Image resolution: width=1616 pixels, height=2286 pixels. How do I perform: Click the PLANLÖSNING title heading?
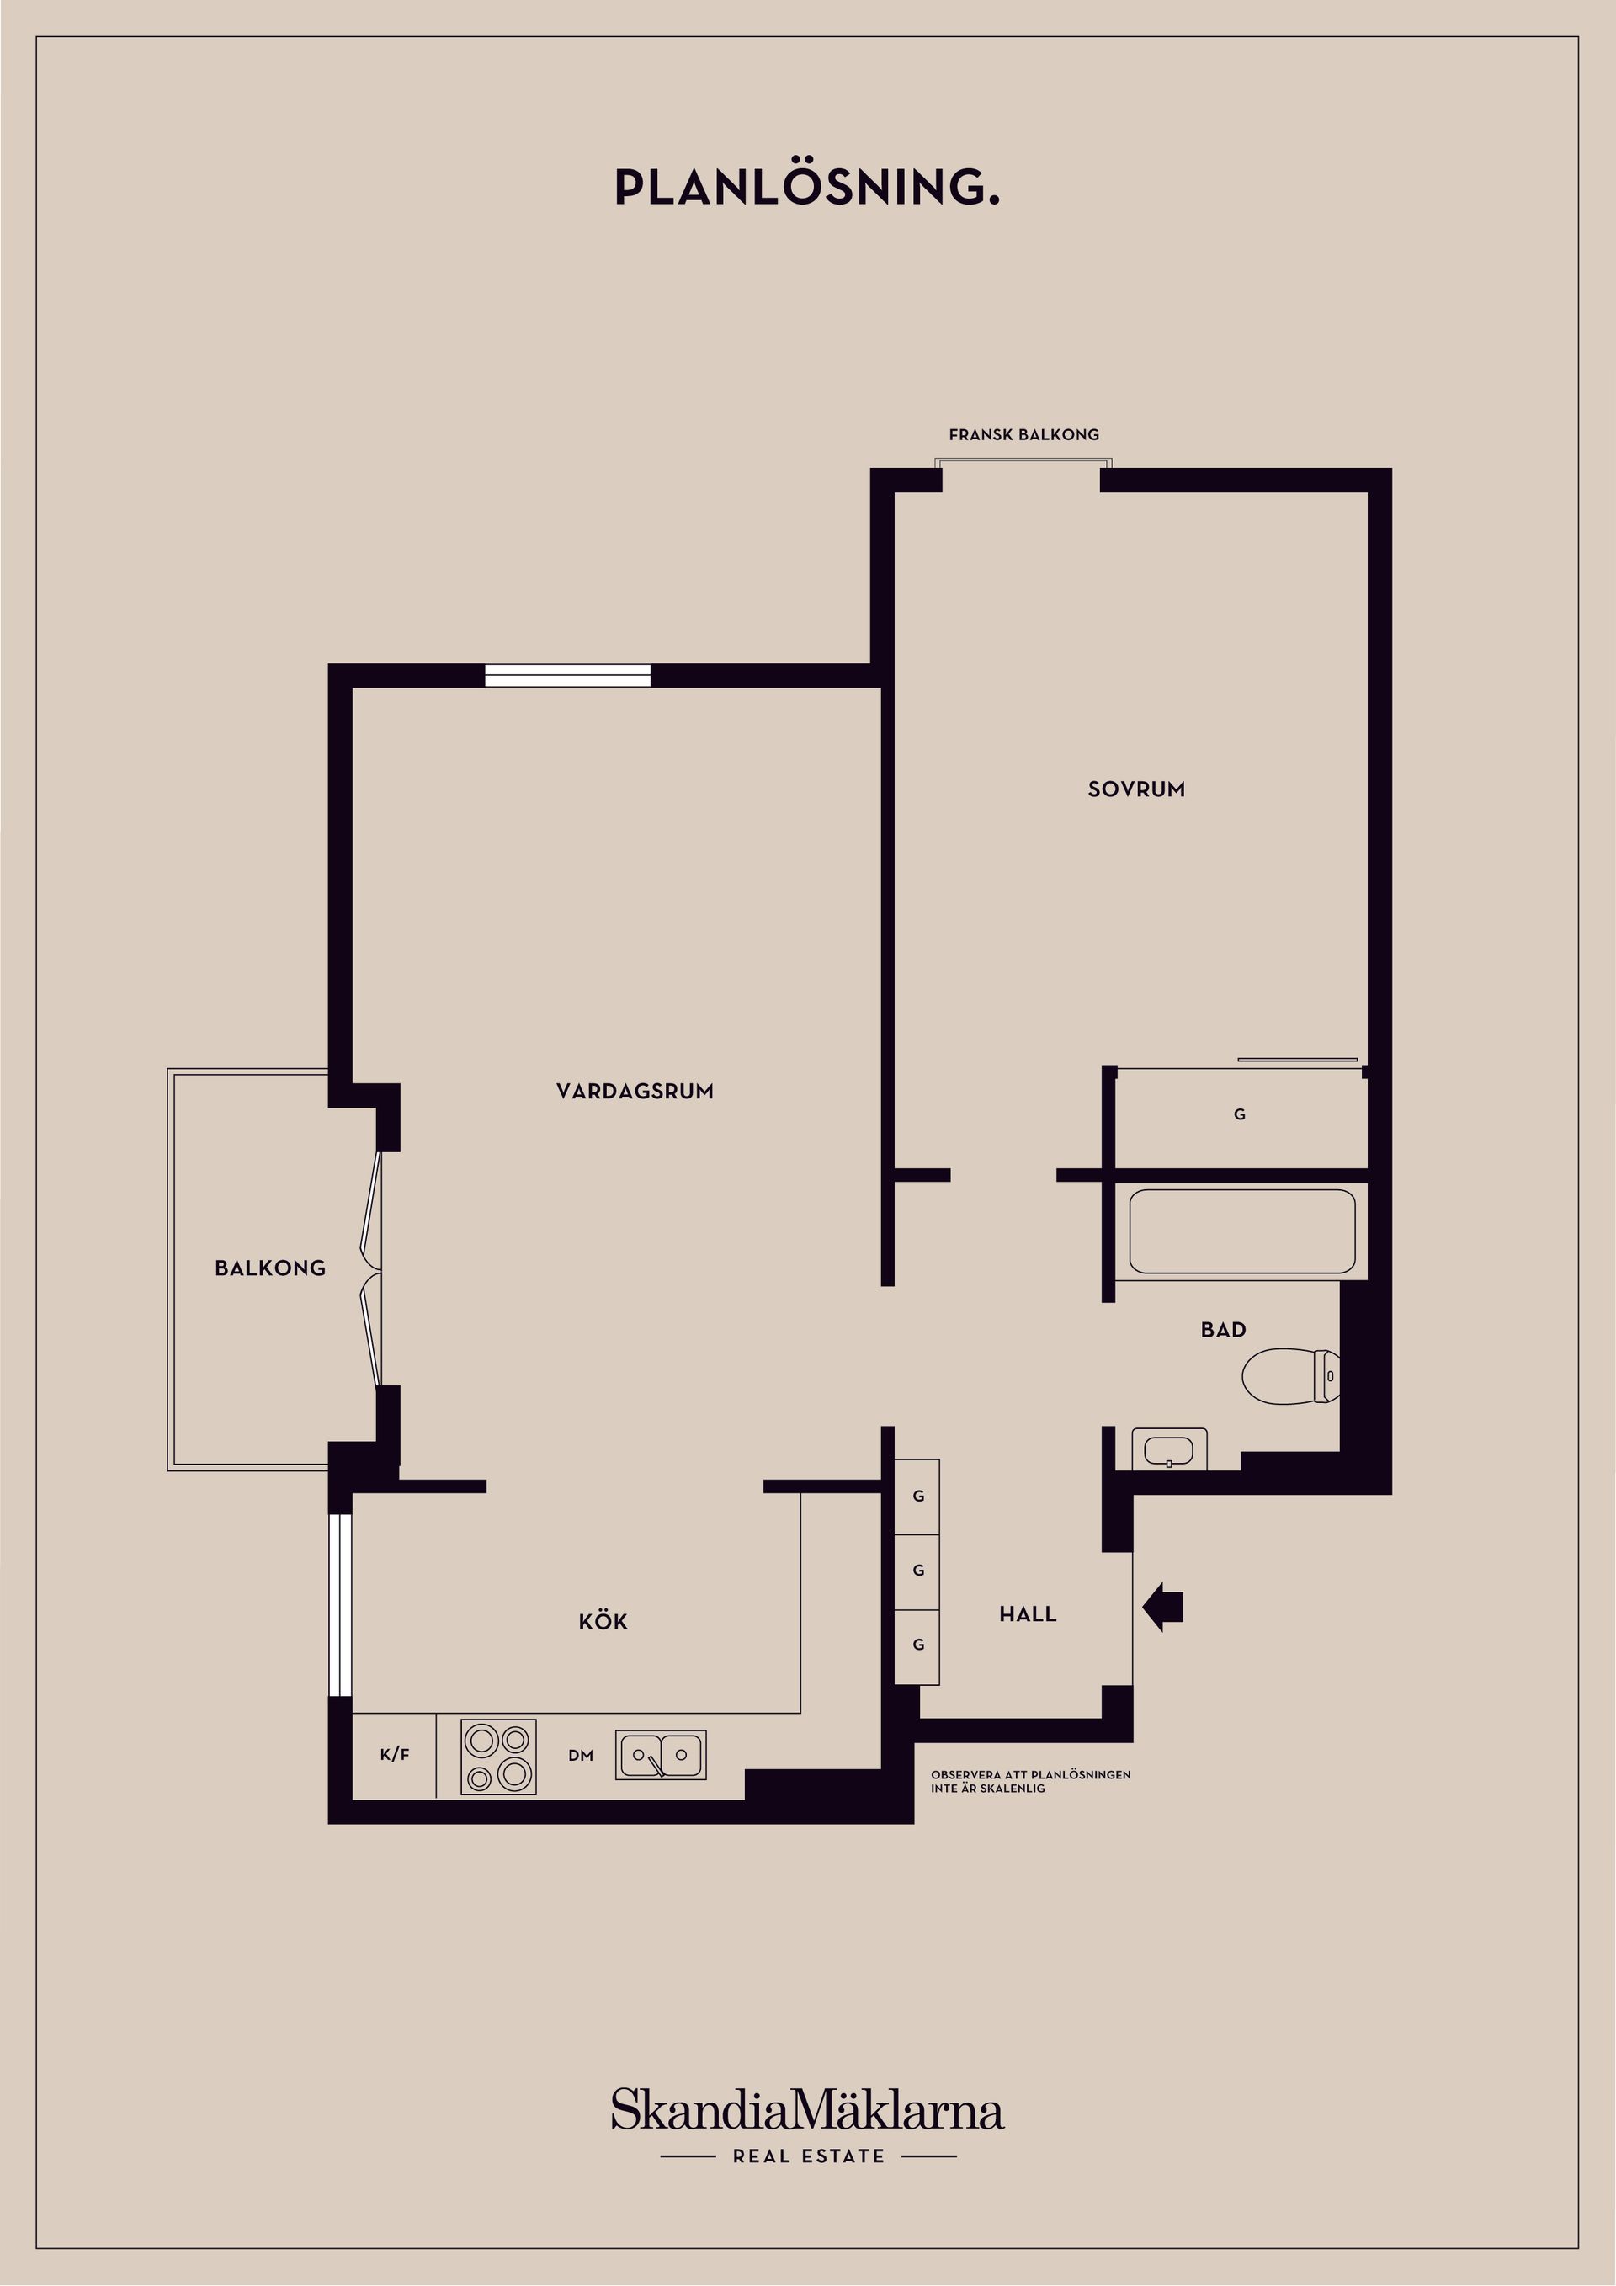pos(806,187)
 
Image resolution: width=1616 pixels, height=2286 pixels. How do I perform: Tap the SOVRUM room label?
pos(1136,789)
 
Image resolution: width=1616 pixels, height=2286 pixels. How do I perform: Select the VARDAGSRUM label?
pos(635,1091)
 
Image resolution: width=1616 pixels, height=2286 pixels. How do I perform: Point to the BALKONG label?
pos(270,1268)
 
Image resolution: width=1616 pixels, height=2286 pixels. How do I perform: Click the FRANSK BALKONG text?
pos(1023,435)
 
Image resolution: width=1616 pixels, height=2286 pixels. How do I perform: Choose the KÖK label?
pos(603,1622)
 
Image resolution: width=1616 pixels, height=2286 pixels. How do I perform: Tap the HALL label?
pos(1028,1614)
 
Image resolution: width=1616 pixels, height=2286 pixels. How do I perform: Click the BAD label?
pos(1223,1330)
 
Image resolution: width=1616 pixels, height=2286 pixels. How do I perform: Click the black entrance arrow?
pos(1163,1607)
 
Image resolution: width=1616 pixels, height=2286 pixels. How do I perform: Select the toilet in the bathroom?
pos(1289,1376)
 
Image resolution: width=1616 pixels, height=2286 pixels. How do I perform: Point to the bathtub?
pos(1241,1231)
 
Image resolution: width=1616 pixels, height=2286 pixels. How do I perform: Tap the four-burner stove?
pos(497,1757)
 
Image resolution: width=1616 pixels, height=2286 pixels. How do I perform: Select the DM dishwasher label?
pos(581,1756)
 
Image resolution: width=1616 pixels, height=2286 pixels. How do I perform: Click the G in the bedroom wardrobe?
pos(1240,1114)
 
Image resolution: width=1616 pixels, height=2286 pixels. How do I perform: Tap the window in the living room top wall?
pos(567,675)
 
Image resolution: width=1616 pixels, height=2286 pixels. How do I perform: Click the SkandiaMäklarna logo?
pos(807,2112)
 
